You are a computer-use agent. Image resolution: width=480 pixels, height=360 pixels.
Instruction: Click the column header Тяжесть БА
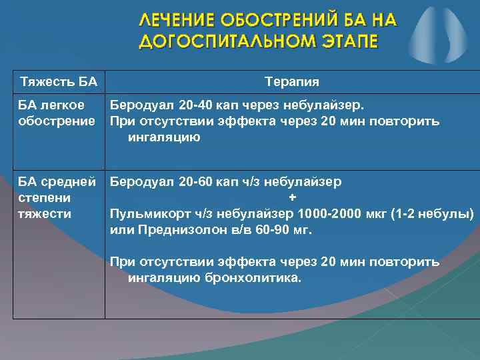coord(59,82)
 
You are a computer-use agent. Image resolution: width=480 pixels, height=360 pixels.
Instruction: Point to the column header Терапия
coord(292,82)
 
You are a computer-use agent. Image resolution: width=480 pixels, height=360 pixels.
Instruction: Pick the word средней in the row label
coord(70,181)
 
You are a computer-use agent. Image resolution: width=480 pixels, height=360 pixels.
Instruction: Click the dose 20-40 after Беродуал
coord(195,105)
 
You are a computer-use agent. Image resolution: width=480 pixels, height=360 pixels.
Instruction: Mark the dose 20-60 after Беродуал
coord(195,181)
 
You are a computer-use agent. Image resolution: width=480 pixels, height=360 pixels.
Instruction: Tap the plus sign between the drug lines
coord(292,198)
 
